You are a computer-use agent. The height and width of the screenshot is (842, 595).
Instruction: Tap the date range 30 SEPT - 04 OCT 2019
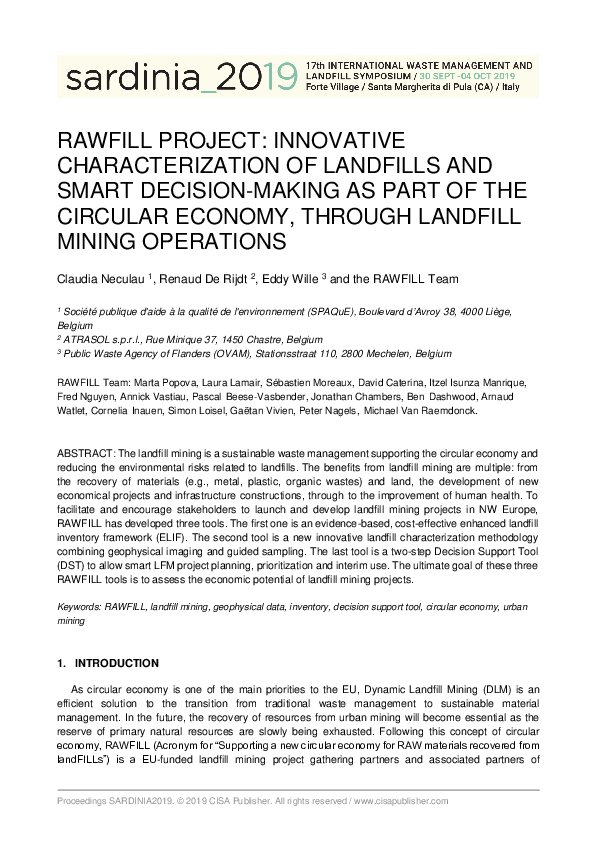468,76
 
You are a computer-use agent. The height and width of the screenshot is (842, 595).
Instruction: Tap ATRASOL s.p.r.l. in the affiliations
100,339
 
